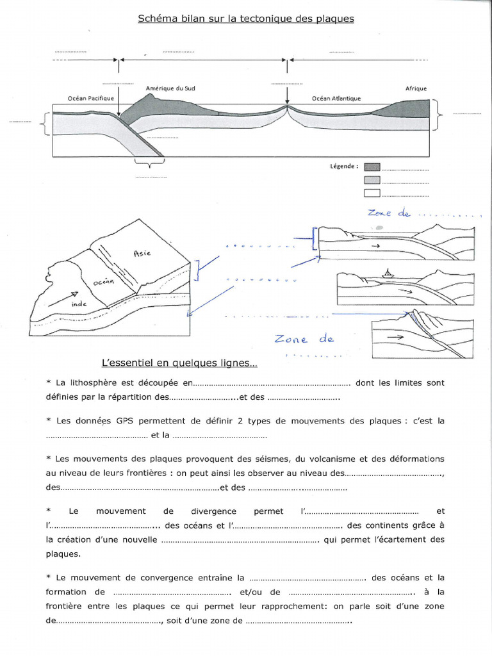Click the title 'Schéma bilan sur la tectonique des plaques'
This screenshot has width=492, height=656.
tap(246, 19)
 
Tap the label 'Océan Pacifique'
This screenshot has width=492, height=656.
tap(90, 98)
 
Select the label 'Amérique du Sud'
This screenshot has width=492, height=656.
tap(170, 88)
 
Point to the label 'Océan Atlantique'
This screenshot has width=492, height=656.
tap(336, 99)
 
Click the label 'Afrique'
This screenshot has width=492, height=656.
tap(416, 89)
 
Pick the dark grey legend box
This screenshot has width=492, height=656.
tap(372, 167)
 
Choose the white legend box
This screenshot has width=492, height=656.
tap(372, 193)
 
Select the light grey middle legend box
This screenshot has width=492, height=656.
tap(372, 180)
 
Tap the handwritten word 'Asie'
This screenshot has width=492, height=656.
tap(142, 252)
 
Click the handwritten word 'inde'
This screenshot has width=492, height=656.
tap(79, 305)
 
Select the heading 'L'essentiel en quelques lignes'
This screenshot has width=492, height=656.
tap(179, 363)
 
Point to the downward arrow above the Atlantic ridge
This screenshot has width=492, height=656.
tap(288, 95)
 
